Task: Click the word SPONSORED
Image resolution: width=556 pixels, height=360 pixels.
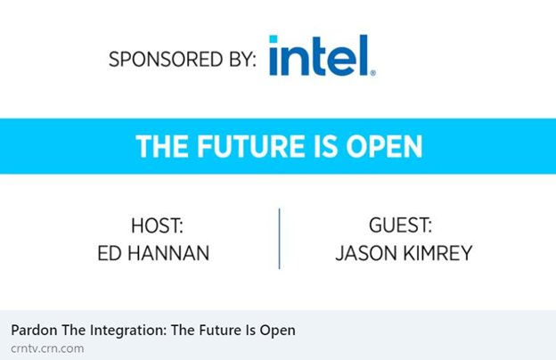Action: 166,59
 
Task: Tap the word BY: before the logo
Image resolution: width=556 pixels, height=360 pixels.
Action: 242,59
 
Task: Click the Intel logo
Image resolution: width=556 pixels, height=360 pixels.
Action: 323,55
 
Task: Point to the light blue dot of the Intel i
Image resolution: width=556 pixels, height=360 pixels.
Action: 274,39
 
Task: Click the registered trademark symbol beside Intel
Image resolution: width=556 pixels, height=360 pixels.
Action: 373,73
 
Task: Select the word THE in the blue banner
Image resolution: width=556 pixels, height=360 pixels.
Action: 162,146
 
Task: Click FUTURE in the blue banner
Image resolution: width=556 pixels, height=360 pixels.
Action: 250,146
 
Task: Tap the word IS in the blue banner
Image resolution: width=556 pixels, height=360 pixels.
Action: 325,146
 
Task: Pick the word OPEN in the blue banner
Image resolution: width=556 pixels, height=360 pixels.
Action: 384,146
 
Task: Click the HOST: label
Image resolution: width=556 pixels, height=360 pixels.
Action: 157,225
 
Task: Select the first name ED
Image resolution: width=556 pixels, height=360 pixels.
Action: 110,253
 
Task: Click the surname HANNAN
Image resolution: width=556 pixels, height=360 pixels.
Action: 168,253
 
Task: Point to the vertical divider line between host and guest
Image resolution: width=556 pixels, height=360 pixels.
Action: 280,239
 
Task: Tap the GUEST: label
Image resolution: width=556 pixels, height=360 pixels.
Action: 401,225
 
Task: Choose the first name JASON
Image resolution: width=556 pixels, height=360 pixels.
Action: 366,253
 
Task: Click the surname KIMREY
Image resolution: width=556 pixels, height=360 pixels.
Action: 438,253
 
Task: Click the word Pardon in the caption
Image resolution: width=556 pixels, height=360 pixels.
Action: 34,331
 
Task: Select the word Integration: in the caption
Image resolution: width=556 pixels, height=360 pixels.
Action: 128,331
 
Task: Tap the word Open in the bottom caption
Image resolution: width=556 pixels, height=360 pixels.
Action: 278,331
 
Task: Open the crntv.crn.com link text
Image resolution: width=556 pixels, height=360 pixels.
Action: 47,348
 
